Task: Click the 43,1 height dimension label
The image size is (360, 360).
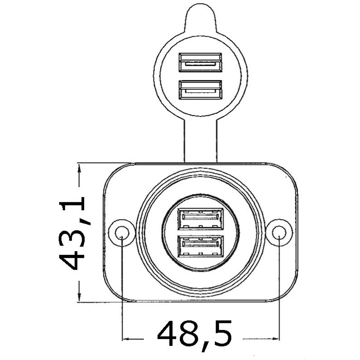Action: pyautogui.click(x=72, y=233)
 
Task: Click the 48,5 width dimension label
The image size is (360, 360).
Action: pyautogui.click(x=194, y=334)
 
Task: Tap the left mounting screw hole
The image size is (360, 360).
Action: pyautogui.click(x=122, y=233)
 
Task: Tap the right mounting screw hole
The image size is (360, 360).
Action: pyautogui.click(x=279, y=233)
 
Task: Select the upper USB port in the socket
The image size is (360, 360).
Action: pyautogui.click(x=201, y=219)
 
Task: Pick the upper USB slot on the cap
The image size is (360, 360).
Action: pyautogui.click(x=201, y=62)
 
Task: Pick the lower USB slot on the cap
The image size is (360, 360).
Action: pyautogui.click(x=201, y=90)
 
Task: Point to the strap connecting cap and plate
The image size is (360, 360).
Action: pyautogui.click(x=201, y=140)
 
